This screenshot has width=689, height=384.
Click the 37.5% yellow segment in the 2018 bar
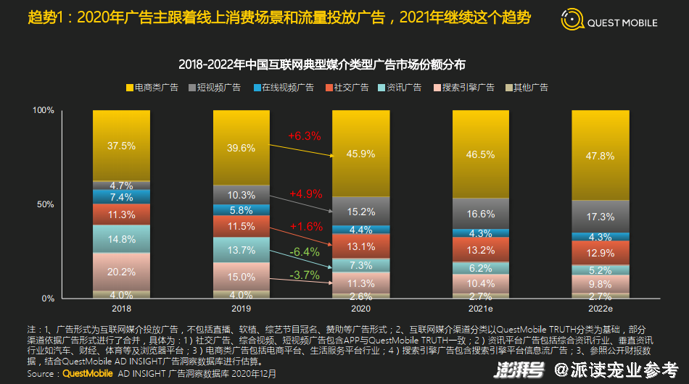121,145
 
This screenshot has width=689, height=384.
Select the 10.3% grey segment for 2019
242,195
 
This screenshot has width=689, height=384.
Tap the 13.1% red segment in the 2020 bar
360,246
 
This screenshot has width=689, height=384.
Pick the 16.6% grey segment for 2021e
481,214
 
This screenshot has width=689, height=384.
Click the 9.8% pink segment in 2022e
601,284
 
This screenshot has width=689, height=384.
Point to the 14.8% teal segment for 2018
121,239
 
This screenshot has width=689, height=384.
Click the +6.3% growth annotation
305,136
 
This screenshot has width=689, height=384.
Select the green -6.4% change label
305,252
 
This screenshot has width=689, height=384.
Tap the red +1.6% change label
306,227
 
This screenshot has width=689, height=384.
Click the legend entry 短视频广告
215,88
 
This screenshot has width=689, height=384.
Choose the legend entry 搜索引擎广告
464,88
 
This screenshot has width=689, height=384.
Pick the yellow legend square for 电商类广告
130,88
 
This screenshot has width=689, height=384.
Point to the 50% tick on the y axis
45,204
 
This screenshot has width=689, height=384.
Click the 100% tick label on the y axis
43,110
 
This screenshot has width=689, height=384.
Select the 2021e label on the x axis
481,309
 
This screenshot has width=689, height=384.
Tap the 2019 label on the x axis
242,309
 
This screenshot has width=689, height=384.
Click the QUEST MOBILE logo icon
572,20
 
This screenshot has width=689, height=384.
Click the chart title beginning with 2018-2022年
321,64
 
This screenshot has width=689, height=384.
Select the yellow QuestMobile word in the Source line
88,373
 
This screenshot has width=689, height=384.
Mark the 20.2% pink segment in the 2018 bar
121,272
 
